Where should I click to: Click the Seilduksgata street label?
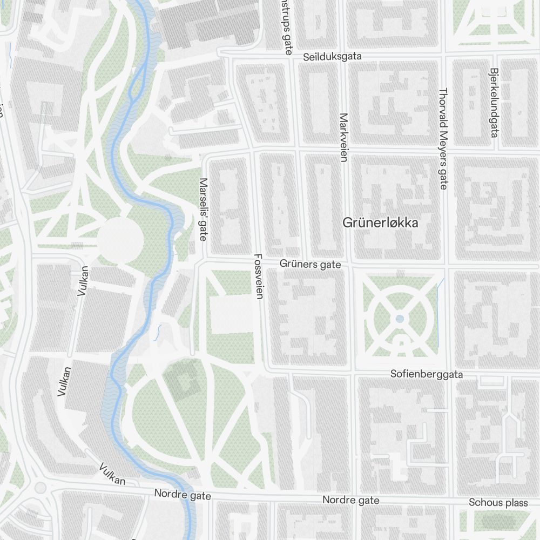332,57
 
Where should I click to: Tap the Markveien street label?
343,138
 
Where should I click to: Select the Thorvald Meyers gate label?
443,139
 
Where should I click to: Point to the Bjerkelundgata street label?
493,102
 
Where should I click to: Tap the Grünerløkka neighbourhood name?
380,222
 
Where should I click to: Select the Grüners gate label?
310,264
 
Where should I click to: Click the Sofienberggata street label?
427,374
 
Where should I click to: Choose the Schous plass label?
498,503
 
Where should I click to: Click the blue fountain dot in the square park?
400,319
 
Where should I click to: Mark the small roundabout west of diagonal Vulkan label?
40,488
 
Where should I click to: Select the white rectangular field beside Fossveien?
231,314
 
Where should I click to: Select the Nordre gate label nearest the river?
182,494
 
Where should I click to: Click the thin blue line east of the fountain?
438,313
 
